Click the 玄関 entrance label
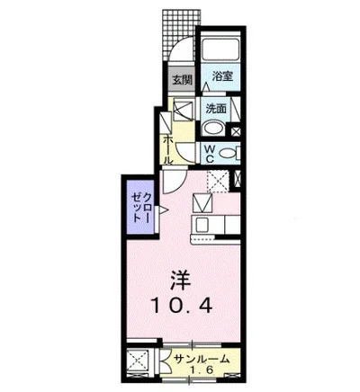(183, 80)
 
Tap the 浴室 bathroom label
(222, 78)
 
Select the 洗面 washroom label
(216, 109)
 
